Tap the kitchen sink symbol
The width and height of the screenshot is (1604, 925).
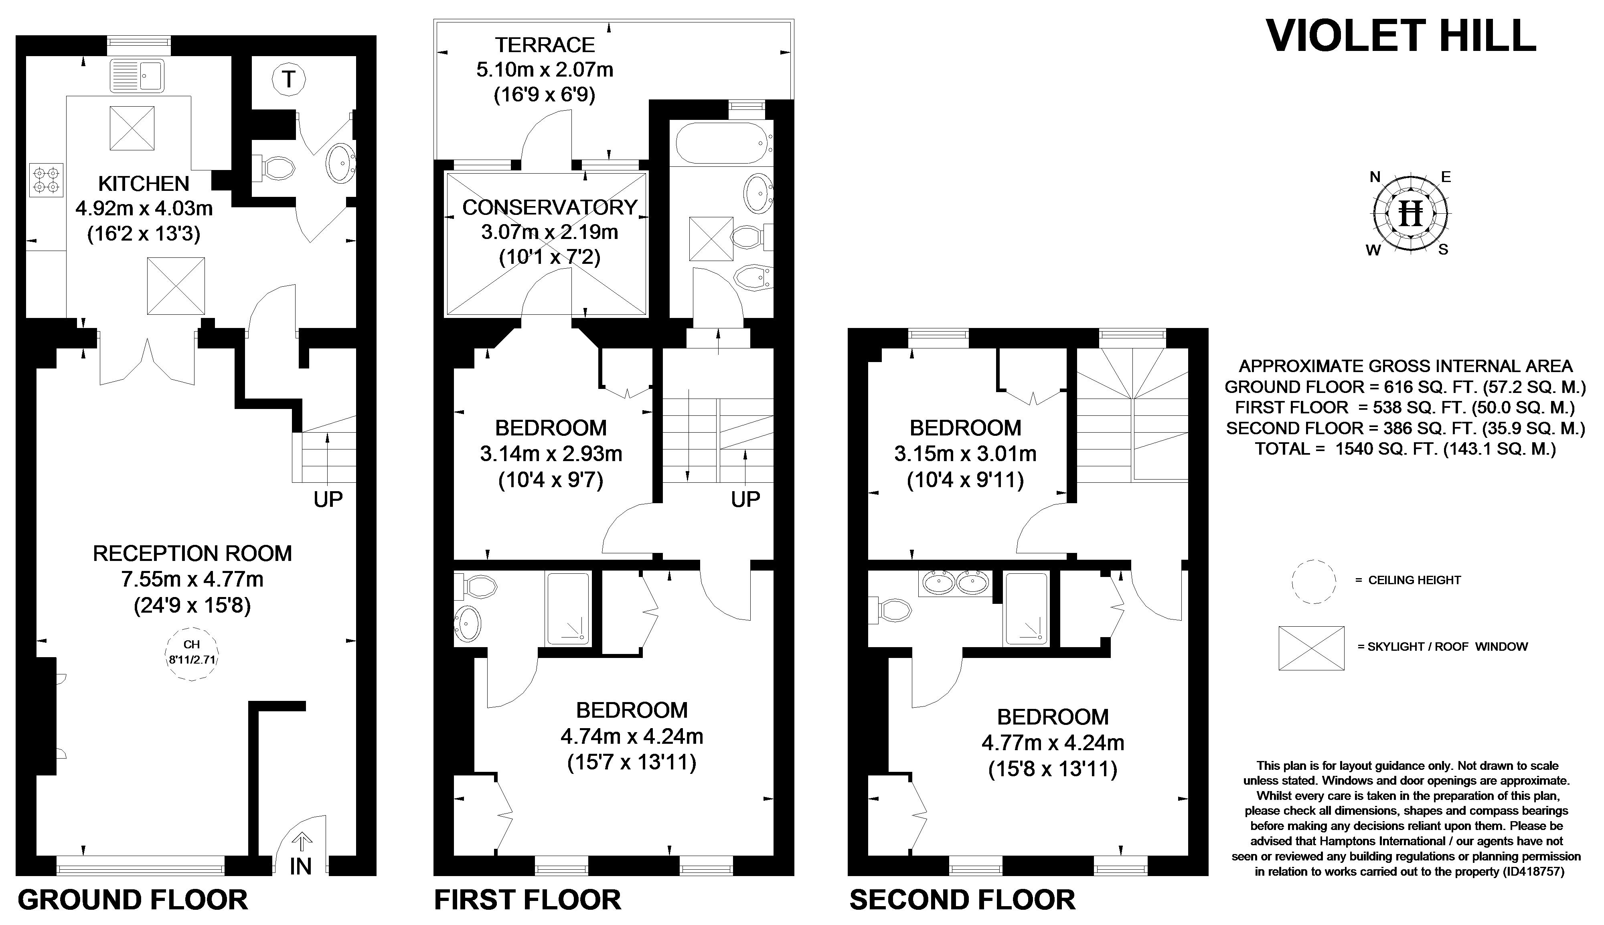(137, 76)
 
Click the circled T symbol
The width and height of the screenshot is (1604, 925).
(289, 79)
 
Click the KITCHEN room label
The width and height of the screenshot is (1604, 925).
(144, 184)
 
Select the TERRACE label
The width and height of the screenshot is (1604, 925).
(545, 45)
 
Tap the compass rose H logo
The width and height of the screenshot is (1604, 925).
(1412, 213)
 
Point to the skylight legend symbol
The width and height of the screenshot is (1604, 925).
(1312, 648)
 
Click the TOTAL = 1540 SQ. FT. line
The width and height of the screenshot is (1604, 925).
(1405, 449)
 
